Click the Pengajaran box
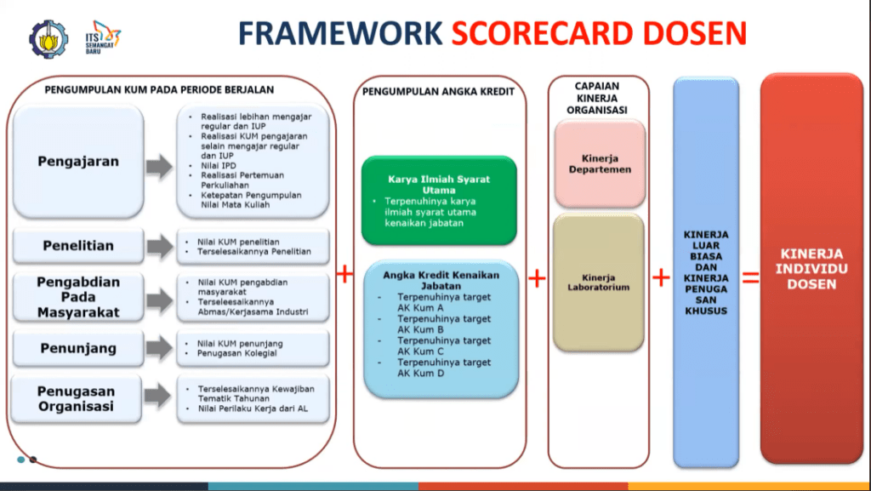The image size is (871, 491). click(78, 162)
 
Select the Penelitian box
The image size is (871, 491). click(78, 246)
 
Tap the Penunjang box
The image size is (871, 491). click(78, 348)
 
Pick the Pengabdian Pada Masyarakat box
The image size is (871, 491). click(78, 297)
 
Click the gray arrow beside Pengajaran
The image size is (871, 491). click(158, 166)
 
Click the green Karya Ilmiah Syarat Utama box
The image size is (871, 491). click(439, 199)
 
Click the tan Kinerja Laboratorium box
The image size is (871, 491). click(599, 282)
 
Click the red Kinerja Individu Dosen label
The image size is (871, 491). click(812, 269)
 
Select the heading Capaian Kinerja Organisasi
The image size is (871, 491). click(596, 98)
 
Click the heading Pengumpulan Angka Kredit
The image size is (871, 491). click(438, 91)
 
